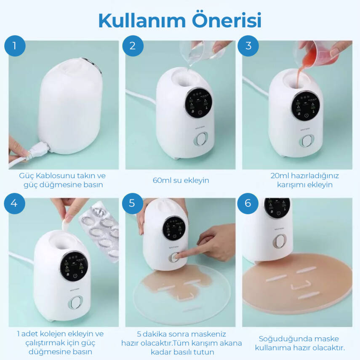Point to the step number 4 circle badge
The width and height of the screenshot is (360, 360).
coord(15,203)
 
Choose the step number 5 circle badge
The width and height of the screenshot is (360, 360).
coord(133,203)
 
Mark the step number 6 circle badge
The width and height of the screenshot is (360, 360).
coord(248,203)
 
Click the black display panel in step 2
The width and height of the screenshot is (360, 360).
coord(198,103)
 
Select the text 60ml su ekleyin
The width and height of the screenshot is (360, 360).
coord(181,180)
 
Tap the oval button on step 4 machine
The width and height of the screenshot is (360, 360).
coord(76,302)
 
